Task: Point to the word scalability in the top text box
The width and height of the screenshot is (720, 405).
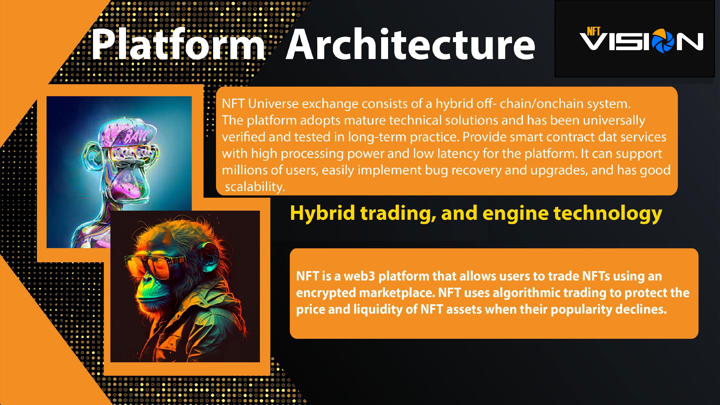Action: pos(255,187)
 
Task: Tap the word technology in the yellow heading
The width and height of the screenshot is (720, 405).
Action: pos(608,213)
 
